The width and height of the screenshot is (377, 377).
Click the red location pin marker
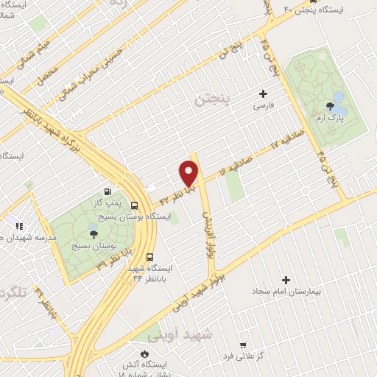(190, 175)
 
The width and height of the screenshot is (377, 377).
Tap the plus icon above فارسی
(264, 94)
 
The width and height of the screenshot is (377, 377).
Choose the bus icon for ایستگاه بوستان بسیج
(134, 206)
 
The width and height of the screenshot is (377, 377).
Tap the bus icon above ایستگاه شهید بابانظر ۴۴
(150, 258)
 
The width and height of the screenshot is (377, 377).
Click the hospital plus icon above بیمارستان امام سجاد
(286, 280)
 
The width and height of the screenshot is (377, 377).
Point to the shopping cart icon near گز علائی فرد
(244, 345)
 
